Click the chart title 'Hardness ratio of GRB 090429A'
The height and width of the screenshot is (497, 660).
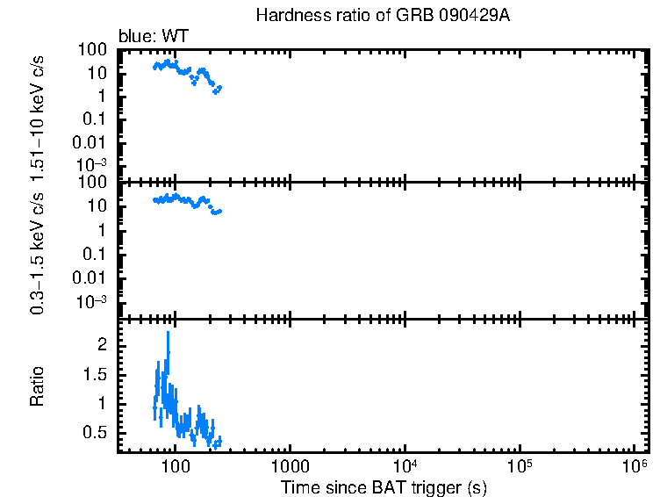tap(381, 16)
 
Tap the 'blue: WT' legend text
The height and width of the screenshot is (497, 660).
tap(153, 36)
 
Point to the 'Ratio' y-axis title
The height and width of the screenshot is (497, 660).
tap(39, 385)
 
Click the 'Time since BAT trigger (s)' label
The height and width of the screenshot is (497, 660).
tap(384, 486)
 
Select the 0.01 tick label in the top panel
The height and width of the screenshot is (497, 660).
tap(91, 142)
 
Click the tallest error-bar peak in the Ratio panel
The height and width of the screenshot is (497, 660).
tap(168, 334)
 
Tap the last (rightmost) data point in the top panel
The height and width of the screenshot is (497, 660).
tap(219, 87)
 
